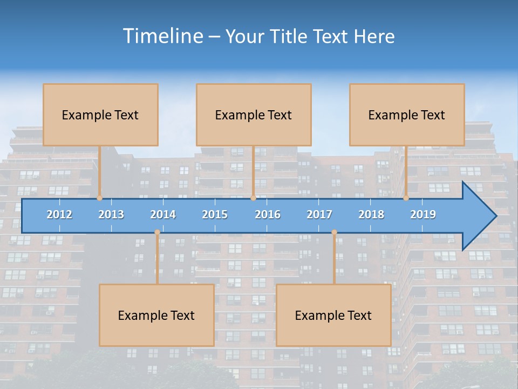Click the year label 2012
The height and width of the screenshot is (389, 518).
coord(59,214)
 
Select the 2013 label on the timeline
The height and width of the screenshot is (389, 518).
coord(111,214)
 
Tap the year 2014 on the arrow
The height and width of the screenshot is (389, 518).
coord(163,214)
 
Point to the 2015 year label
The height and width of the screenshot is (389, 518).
coord(215,214)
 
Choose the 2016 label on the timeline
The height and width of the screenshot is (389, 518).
coord(268,214)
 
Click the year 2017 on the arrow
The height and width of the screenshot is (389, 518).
coord(319,214)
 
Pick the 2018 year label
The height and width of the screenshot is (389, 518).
coord(371,214)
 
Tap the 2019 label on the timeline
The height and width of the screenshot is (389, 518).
coord(423,214)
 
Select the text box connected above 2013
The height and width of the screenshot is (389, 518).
coord(100,115)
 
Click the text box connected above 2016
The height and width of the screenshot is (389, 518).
coord(254,115)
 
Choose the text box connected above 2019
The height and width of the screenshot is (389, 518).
coord(407,115)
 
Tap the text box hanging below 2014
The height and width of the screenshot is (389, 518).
coord(156,315)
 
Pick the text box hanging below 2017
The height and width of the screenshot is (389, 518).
coord(333,315)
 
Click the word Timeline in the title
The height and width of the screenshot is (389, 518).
coord(162,36)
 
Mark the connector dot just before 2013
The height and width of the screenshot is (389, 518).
coord(100,198)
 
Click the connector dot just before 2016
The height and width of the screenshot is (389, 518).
coord(253,198)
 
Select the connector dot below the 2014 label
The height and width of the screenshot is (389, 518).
coord(157,232)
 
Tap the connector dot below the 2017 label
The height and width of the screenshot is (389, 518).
coord(334,232)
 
